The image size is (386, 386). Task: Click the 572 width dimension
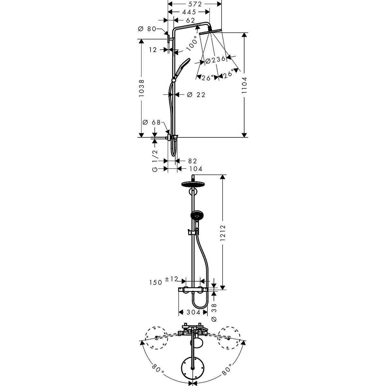point(195,4)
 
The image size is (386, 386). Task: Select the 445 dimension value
point(189,12)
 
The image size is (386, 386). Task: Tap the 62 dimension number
point(190,20)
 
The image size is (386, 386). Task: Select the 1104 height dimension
point(245,85)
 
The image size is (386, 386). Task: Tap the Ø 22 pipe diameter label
point(196,95)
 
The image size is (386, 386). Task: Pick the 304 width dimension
point(193,312)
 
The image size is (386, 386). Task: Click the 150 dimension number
point(155,282)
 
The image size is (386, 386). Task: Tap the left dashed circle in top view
point(156,338)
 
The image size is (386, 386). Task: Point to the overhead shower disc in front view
point(193,185)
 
